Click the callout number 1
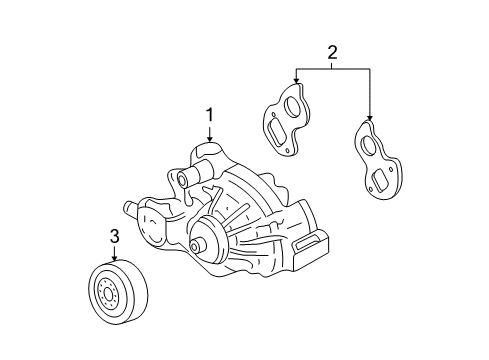tap(210, 115)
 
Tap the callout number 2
tap(332, 52)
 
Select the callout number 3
tap(114, 237)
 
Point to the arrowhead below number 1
tap(210, 138)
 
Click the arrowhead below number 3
tap(114, 258)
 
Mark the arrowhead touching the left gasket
tap(296, 80)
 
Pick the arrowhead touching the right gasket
tap(369, 117)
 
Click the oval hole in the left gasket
tap(290, 106)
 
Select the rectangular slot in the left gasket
tap(276, 131)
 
